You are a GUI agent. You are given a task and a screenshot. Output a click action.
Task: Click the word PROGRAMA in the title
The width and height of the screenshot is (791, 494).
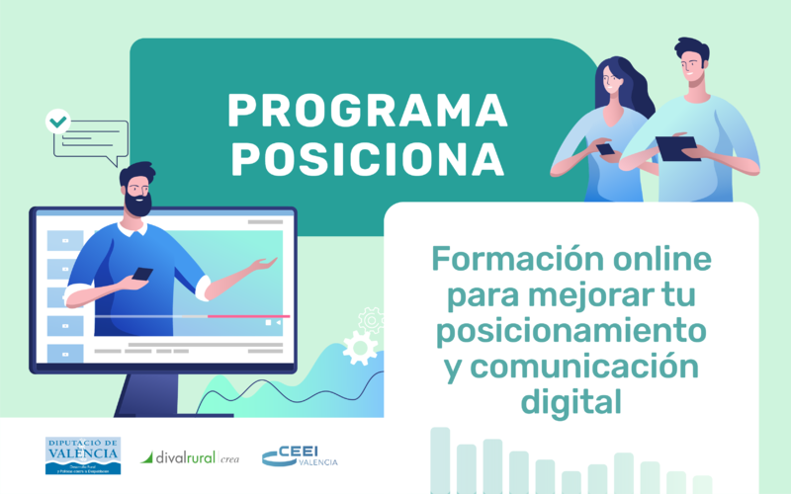[367, 111]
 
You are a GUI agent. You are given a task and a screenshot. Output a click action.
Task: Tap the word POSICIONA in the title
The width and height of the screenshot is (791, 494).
[367, 159]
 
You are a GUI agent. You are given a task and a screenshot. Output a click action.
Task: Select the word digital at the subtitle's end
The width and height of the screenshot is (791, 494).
[571, 401]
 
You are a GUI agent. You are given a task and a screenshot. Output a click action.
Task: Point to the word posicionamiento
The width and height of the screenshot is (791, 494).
[571, 331]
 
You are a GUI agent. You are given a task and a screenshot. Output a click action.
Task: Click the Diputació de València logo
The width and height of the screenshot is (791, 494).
[83, 455]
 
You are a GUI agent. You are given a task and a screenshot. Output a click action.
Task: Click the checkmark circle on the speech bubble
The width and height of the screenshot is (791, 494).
[59, 123]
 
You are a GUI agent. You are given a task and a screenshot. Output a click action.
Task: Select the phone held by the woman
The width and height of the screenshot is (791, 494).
[605, 149]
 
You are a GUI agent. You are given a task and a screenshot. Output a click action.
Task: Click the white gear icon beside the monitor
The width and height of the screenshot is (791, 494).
[359, 348]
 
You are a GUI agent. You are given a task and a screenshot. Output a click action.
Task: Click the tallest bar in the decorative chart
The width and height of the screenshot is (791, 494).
[440, 459]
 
